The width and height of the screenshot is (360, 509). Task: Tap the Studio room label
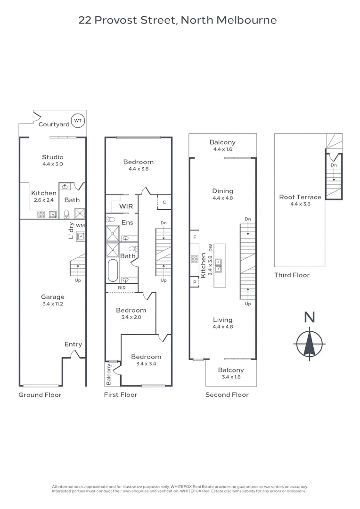(x=53, y=157)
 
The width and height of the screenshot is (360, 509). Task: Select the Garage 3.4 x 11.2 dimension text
(x=53, y=304)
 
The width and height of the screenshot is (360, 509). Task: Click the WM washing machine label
(x=80, y=225)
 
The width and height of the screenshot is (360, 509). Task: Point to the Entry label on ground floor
(x=73, y=345)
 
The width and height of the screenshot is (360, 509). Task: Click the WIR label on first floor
(x=126, y=206)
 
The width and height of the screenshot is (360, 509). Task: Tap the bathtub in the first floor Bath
(x=113, y=271)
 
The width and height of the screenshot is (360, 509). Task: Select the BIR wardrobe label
(x=122, y=288)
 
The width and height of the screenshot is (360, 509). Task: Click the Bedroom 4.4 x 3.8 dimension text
(x=139, y=169)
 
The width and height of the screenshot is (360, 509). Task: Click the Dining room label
(x=223, y=191)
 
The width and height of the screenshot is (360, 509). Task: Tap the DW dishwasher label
(x=211, y=248)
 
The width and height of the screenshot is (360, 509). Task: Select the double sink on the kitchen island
(x=219, y=265)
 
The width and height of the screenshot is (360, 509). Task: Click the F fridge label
(x=195, y=237)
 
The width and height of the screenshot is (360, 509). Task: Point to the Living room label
(x=223, y=320)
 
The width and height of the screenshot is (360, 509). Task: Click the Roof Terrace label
(x=300, y=197)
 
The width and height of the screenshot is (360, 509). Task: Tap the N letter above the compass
(x=310, y=317)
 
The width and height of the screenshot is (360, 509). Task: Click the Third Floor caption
(x=292, y=275)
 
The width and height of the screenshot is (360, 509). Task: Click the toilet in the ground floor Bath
(x=66, y=213)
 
